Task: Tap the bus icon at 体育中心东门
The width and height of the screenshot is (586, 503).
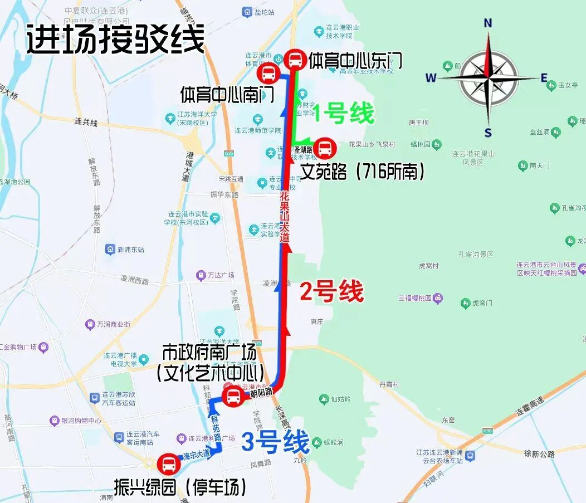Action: (x=294, y=59)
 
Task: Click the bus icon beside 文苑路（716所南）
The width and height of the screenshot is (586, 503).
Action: (x=324, y=148)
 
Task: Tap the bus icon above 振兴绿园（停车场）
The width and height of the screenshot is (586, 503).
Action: (x=168, y=463)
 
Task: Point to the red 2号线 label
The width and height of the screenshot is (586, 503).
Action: (x=332, y=291)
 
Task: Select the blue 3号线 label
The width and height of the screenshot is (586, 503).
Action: (x=275, y=443)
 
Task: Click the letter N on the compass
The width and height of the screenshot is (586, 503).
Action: (x=488, y=23)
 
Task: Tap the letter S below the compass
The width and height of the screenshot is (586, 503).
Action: (x=488, y=133)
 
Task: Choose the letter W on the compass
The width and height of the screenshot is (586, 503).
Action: (x=431, y=78)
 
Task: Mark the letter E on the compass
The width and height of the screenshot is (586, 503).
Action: (x=544, y=78)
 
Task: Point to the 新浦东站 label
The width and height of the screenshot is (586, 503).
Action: (x=130, y=250)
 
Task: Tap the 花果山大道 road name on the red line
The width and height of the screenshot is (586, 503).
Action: (x=285, y=217)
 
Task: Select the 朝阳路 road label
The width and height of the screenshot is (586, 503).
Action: (x=261, y=392)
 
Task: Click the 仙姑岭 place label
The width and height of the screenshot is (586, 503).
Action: (x=340, y=399)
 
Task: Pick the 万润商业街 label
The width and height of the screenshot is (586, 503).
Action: (x=113, y=324)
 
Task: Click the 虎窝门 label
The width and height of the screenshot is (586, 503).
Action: (x=482, y=303)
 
